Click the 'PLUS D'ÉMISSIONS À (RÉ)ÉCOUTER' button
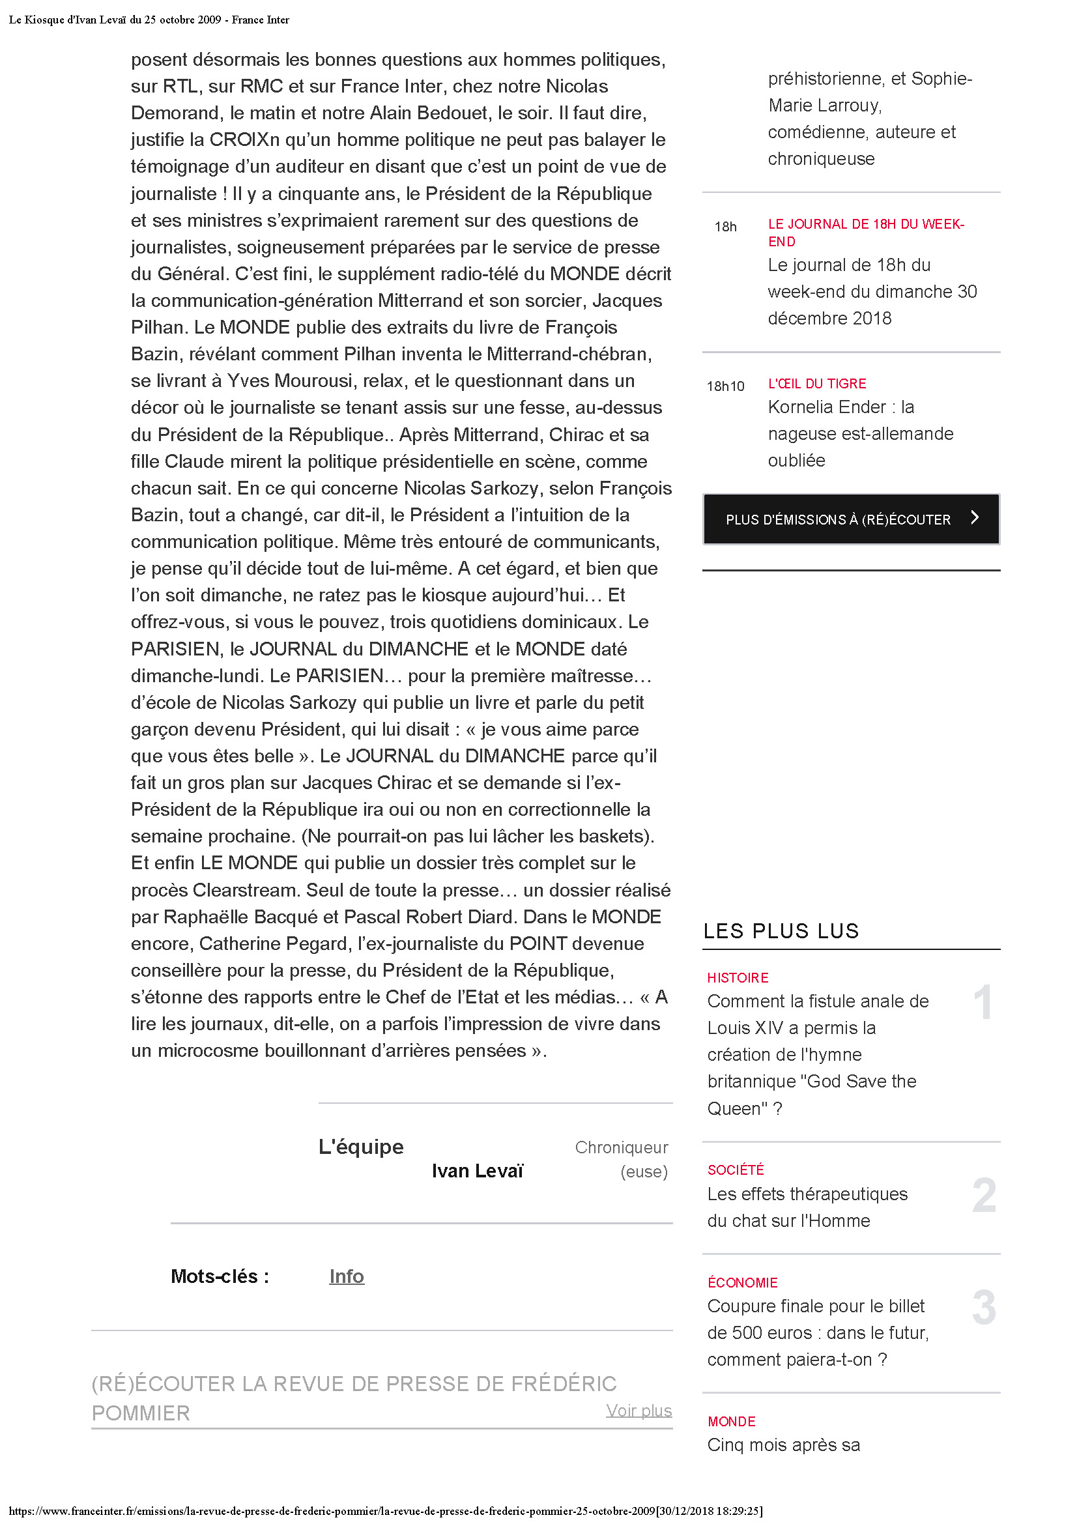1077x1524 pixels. pyautogui.click(x=837, y=519)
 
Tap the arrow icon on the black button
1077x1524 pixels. pyautogui.click(x=974, y=517)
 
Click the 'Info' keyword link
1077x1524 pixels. pyautogui.click(x=347, y=1276)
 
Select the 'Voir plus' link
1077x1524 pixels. pyautogui.click(x=639, y=1410)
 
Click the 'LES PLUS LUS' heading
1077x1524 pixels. pyautogui.click(x=781, y=930)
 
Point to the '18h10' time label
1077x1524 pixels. pyautogui.click(x=725, y=386)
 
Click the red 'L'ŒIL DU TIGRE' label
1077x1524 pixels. pyautogui.click(x=817, y=384)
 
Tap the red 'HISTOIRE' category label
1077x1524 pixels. pyautogui.click(x=738, y=978)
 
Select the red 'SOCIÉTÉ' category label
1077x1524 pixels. pyautogui.click(x=736, y=1170)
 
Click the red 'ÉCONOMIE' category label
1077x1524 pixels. pyautogui.click(x=743, y=1282)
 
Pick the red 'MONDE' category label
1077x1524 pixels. pyautogui.click(x=731, y=1421)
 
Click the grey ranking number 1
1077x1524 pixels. pyautogui.click(x=983, y=1002)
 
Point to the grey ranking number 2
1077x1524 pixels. pyautogui.click(x=984, y=1196)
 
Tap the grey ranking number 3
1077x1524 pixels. pyautogui.click(x=984, y=1308)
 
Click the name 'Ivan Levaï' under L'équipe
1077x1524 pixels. pyautogui.click(x=477, y=1171)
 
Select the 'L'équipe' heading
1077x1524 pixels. pyautogui.click(x=361, y=1146)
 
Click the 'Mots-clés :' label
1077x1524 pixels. pyautogui.click(x=220, y=1276)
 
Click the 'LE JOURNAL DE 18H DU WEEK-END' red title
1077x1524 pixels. pyautogui.click(x=865, y=233)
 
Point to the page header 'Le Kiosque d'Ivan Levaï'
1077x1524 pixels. pyautogui.click(x=149, y=20)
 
